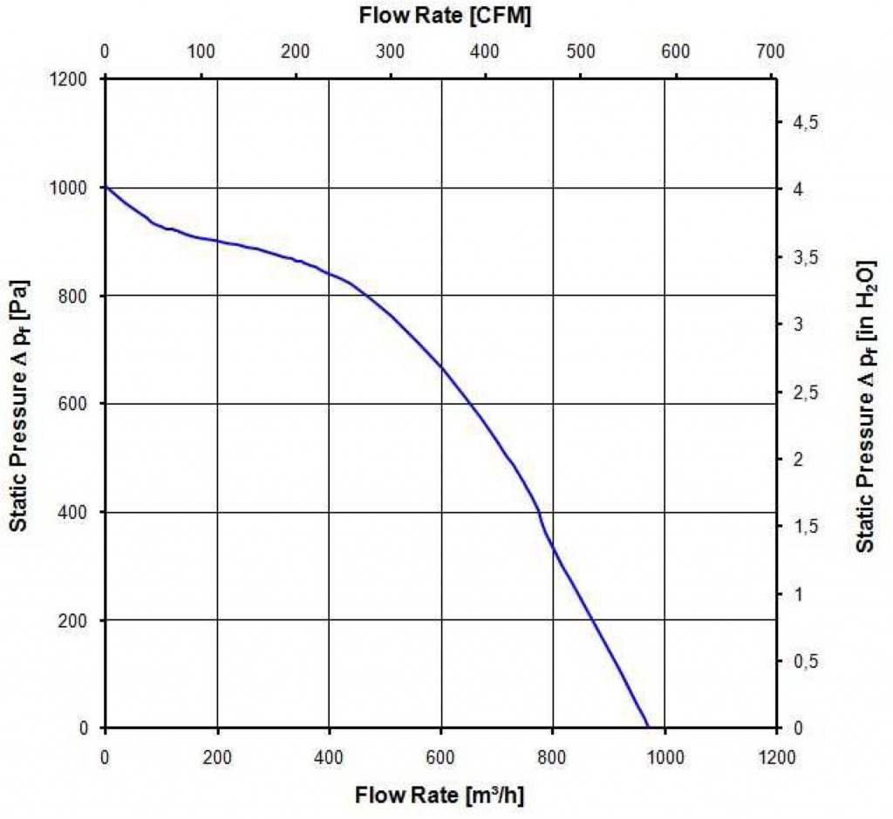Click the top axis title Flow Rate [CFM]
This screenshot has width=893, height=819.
pyautogui.click(x=445, y=16)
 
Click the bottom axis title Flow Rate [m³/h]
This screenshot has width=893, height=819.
pyautogui.click(x=439, y=795)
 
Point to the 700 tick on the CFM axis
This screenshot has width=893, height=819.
pyautogui.click(x=771, y=52)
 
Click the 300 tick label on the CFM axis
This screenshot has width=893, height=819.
pyautogui.click(x=390, y=52)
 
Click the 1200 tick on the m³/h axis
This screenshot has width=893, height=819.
pyautogui.click(x=776, y=757)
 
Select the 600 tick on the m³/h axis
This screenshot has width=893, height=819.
pyautogui.click(x=440, y=757)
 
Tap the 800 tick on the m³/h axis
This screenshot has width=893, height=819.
pyautogui.click(x=553, y=757)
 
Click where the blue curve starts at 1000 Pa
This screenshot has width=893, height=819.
pyautogui.click(x=106, y=188)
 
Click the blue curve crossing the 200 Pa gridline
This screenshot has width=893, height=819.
pyautogui.click(x=593, y=620)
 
